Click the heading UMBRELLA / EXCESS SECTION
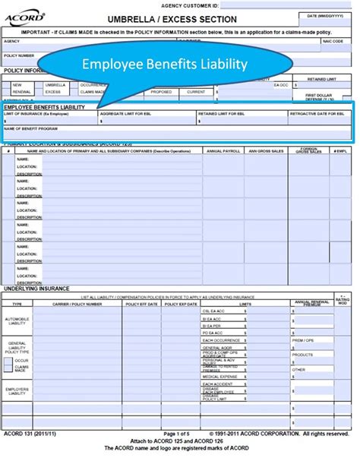pos(161,19)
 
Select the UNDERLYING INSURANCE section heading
pos(36,289)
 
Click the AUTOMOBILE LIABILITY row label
pos(18,321)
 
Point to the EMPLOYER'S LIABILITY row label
pos(18,391)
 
